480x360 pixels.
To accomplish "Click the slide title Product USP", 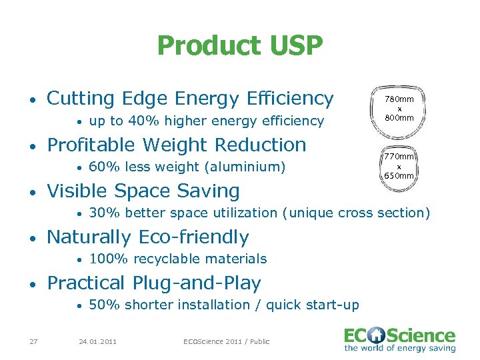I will pyautogui.click(x=240, y=46).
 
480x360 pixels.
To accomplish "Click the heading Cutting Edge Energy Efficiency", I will pyautogui.click(x=190, y=99).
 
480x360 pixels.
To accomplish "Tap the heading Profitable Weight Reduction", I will pyautogui.click(x=177, y=145).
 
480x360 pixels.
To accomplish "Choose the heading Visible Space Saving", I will pyautogui.click(x=143, y=191).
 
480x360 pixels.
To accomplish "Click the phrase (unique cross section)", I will pyautogui.click(x=356, y=213).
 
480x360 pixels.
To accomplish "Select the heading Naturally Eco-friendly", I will pyautogui.click(x=148, y=237).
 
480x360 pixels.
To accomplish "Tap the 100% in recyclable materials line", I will pyautogui.click(x=104, y=259).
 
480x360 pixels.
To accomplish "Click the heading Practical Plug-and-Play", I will pyautogui.click(x=154, y=283).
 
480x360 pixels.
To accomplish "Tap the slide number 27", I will pyautogui.click(x=33, y=341).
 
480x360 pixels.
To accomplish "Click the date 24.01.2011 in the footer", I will pyautogui.click(x=97, y=341).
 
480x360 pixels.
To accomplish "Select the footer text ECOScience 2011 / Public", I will pyautogui.click(x=227, y=341).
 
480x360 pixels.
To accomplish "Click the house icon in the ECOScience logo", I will pyautogui.click(x=381, y=335).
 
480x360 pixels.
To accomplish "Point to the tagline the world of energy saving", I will pyautogui.click(x=400, y=348).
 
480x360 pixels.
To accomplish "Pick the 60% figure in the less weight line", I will pyautogui.click(x=101, y=167).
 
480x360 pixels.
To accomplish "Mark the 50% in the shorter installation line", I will pyautogui.click(x=101, y=305).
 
